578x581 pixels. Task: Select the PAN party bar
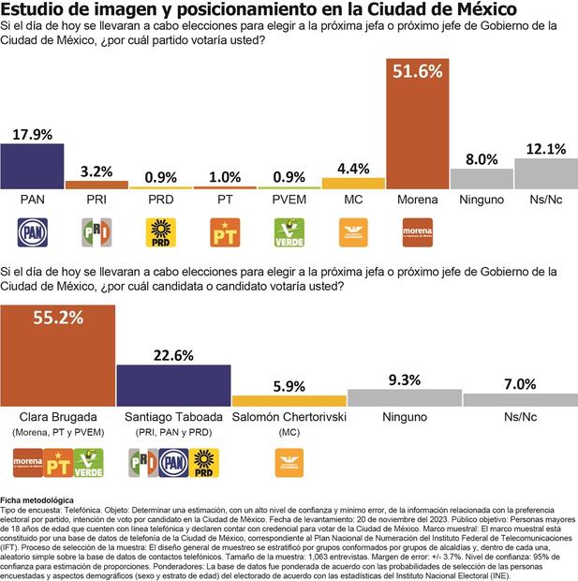point(32,166)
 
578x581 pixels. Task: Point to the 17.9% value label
point(32,134)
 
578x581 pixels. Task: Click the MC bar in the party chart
point(352,184)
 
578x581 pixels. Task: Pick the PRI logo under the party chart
point(96,231)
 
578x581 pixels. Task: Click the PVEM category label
point(289,200)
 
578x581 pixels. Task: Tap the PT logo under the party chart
point(224,231)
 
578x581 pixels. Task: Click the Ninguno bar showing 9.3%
point(403,397)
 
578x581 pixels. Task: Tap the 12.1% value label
point(545,148)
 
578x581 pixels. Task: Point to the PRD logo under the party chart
point(160,231)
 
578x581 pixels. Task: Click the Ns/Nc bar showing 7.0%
point(519,399)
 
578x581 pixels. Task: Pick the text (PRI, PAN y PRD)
point(172,431)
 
